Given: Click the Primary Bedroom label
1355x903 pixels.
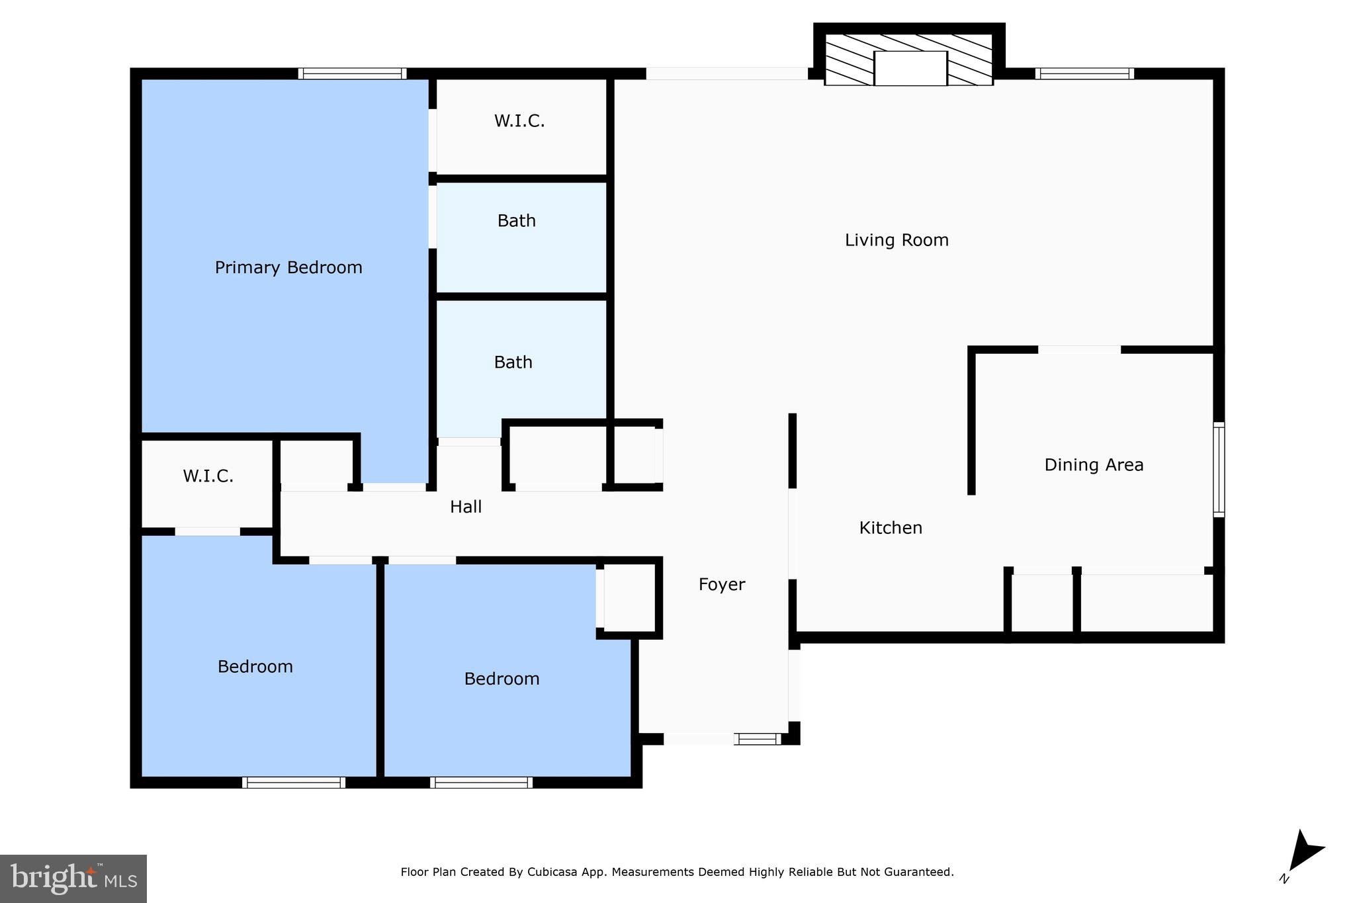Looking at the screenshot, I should (x=288, y=267).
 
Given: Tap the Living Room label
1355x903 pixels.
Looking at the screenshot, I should (x=896, y=240).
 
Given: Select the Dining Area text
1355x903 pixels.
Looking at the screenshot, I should (x=1094, y=465).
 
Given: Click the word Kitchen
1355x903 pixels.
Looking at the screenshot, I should (x=891, y=528).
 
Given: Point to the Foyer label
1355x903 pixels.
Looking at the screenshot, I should (x=722, y=584).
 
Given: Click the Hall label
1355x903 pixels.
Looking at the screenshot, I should (x=466, y=507).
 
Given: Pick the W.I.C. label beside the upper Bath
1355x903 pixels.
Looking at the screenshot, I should (x=519, y=121).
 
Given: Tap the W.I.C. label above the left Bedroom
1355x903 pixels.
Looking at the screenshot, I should (x=208, y=476).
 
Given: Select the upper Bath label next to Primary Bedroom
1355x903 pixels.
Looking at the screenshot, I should (x=516, y=221).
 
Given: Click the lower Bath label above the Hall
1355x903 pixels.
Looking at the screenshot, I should (x=513, y=363).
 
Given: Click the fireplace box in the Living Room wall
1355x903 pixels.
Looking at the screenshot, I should (x=910, y=67).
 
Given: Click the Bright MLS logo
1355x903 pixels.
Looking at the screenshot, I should (x=73, y=879).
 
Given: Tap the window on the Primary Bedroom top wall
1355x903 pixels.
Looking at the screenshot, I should (x=352, y=73).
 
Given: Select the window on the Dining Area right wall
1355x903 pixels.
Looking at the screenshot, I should (x=1218, y=470).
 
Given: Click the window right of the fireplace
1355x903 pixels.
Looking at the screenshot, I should (x=1084, y=73).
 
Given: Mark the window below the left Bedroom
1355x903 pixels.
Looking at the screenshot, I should (x=294, y=782).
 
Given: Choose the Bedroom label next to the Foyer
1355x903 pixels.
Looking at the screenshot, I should (x=502, y=679).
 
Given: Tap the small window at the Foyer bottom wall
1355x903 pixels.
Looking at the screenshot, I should (x=758, y=739).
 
